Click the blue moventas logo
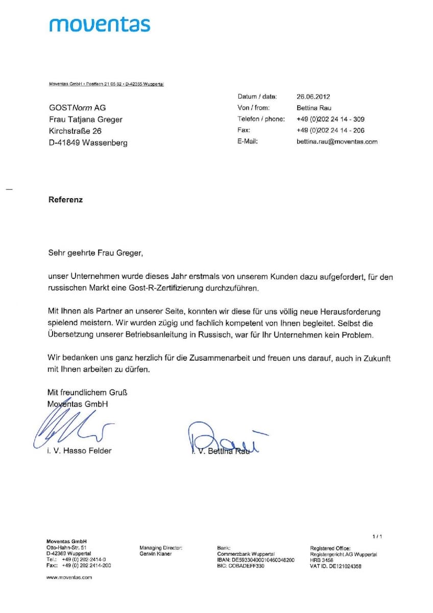100,24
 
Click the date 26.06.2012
313,96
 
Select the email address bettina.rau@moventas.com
336,142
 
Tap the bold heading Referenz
65,200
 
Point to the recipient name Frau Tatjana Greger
85,119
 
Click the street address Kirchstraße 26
75,131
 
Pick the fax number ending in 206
330,130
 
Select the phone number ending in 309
330,119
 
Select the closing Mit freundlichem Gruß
87,392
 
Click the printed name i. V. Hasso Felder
79,451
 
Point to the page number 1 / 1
377,536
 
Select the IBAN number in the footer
256,560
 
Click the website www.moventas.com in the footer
69,577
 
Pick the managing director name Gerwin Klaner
156,554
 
